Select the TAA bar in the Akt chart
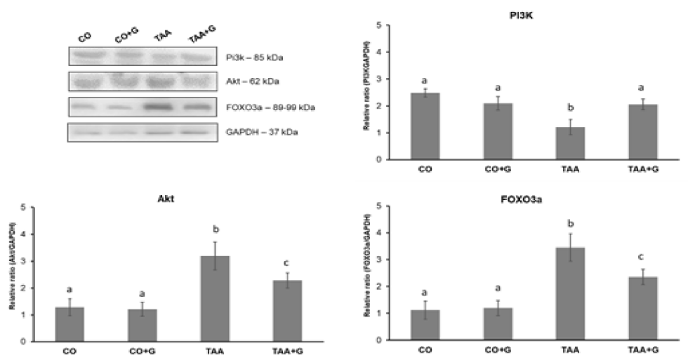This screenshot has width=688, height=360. (220, 299)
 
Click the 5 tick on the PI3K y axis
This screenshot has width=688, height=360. (380, 26)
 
